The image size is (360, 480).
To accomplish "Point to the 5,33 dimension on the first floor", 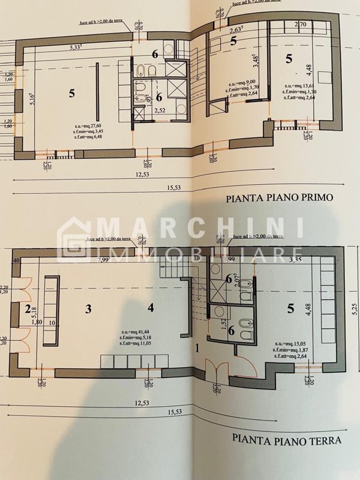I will pos(76,47).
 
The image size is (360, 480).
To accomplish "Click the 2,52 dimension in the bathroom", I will pos(160,110).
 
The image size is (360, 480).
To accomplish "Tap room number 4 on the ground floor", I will pos(151,308).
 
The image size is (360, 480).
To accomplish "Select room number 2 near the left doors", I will pos(27,309).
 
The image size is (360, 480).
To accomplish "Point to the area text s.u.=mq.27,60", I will pos(86,126).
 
